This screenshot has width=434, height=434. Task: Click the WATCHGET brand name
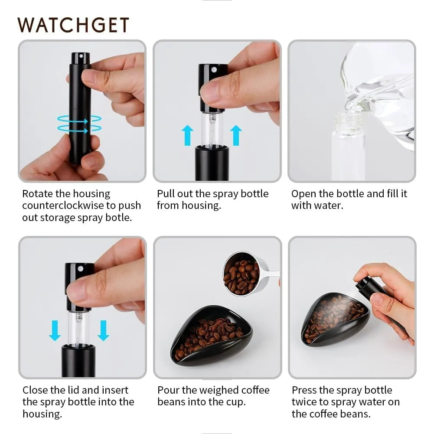tap(73, 25)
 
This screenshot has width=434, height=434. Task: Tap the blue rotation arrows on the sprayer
tap(79, 124)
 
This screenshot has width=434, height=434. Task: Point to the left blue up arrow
tap(187, 135)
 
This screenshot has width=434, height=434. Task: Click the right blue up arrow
tap(236, 135)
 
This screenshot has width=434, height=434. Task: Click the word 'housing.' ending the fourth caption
tap(42, 414)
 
